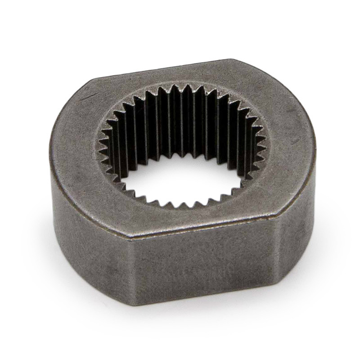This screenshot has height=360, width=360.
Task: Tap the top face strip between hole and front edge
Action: (189, 220)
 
